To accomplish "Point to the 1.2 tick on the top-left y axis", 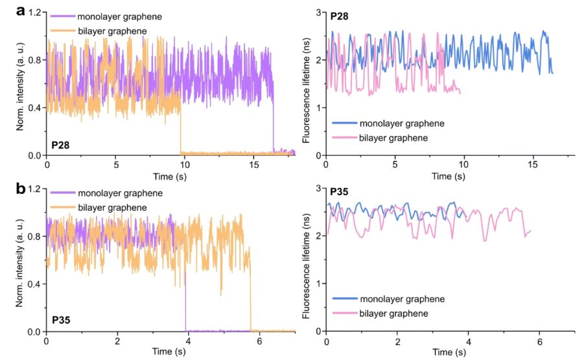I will [x=35, y=12].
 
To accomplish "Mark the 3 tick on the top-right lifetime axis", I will [x=320, y=12].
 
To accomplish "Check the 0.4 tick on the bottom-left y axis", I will [x=35, y=284].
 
